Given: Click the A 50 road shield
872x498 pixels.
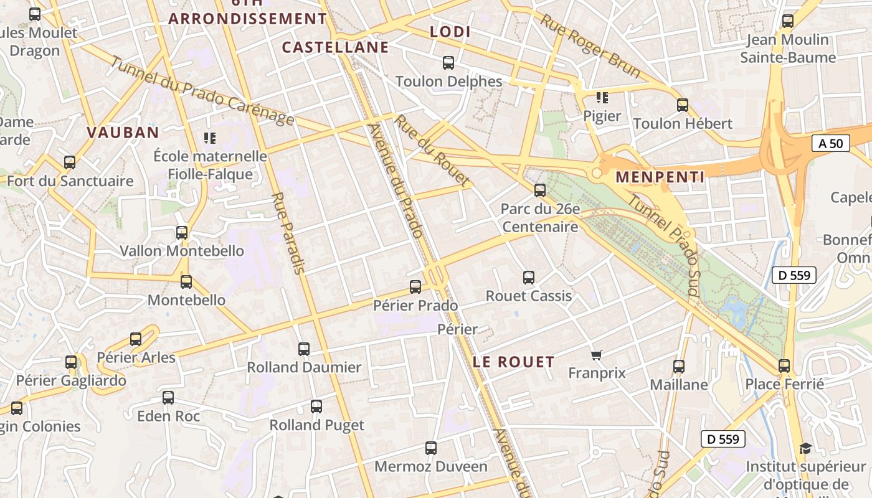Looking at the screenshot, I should pyautogui.click(x=830, y=144).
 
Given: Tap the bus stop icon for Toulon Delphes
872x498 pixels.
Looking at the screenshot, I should pyautogui.click(x=448, y=63).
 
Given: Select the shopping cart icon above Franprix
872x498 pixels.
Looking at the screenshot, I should pyautogui.click(x=596, y=355).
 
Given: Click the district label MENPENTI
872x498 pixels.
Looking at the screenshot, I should pyautogui.click(x=660, y=177).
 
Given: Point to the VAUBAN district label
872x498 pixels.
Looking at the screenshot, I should pyautogui.click(x=123, y=132).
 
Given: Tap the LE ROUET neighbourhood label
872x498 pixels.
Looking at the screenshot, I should pyautogui.click(x=513, y=362).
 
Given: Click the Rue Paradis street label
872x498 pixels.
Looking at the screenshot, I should pyautogui.click(x=288, y=233).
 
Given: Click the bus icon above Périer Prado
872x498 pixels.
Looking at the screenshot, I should pyautogui.click(x=415, y=287).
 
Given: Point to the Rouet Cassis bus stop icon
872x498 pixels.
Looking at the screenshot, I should pyautogui.click(x=528, y=277).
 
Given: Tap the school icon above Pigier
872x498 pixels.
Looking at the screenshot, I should pyautogui.click(x=602, y=98).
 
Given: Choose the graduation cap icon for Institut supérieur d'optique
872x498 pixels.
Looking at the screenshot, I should pyautogui.click(x=805, y=449).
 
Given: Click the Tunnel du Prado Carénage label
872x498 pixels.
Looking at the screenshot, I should pyautogui.click(x=202, y=90).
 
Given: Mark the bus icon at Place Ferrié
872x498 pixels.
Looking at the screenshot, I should pyautogui.click(x=784, y=366).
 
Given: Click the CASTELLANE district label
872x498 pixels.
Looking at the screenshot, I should pyautogui.click(x=335, y=47).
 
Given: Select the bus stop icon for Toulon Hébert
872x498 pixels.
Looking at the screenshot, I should pyautogui.click(x=682, y=105).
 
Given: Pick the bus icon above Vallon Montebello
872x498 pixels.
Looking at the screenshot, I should pyautogui.click(x=181, y=233).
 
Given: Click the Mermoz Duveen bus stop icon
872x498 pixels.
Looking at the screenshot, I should pyautogui.click(x=430, y=448).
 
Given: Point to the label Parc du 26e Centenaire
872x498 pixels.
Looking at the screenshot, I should pyautogui.click(x=539, y=218).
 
